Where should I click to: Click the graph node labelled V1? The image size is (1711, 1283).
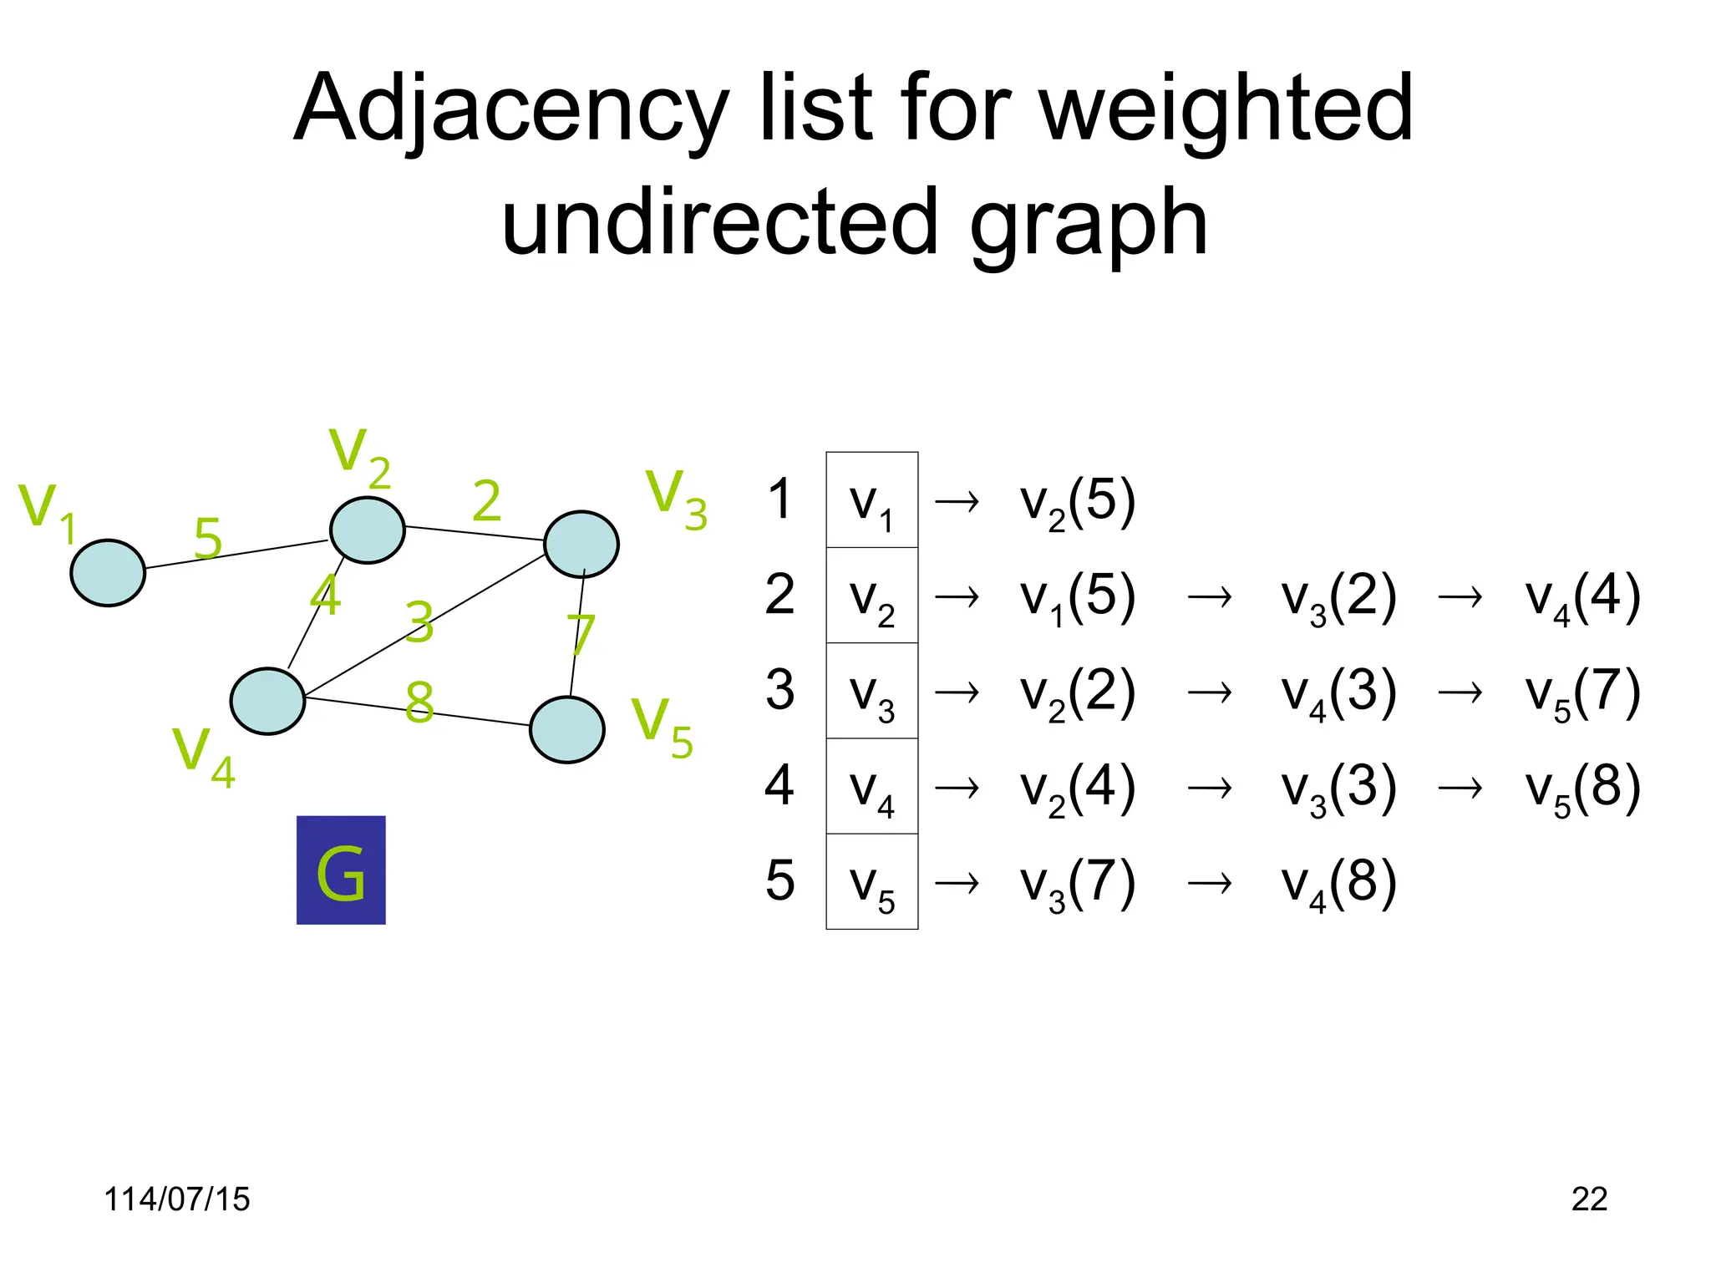[108, 573]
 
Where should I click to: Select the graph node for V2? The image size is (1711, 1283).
[368, 530]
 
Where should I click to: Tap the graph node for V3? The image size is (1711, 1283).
[581, 545]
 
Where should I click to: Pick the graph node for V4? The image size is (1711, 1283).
[267, 702]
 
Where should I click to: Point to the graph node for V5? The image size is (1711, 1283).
[567, 730]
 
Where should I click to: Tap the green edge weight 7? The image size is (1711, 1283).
[581, 635]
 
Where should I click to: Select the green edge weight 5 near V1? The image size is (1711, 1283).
[208, 538]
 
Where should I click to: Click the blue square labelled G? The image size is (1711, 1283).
[341, 870]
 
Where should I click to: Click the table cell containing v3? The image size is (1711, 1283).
[871, 691]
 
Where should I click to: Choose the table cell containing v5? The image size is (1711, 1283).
[871, 882]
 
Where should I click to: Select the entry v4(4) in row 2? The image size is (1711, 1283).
[1582, 596]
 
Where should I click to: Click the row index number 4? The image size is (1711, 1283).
[779, 786]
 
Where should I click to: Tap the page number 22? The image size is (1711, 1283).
[1589, 1199]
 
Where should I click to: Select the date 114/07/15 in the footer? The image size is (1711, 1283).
[176, 1199]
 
